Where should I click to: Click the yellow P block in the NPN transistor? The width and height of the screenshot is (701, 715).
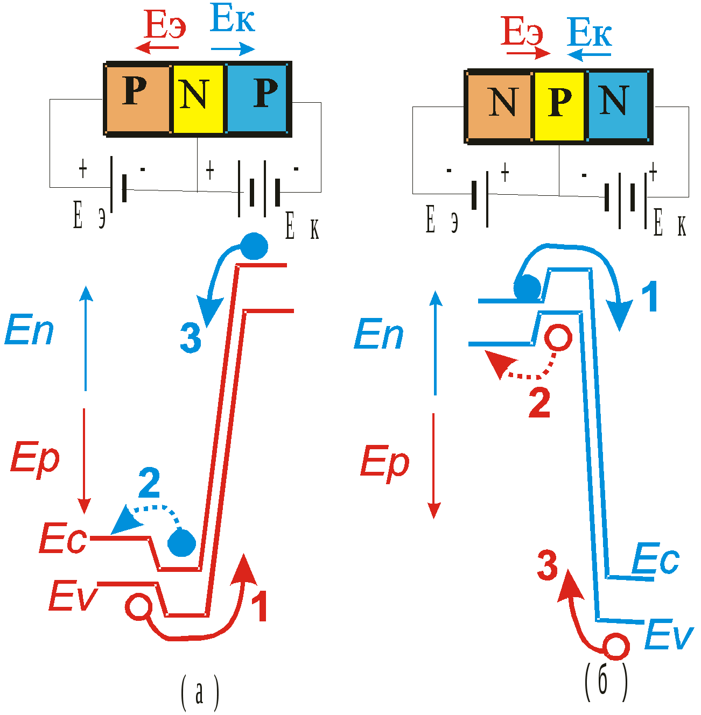559,105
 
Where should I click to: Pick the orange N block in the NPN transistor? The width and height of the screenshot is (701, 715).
500,105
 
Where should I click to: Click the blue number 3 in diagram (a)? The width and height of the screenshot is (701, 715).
191,338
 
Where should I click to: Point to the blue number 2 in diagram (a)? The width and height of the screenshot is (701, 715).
149,483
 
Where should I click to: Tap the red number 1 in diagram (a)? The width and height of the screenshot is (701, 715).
261,606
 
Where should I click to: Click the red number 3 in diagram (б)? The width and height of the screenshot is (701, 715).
548,567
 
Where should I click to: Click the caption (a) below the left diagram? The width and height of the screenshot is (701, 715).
200,693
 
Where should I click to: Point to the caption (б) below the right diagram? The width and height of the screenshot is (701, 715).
606,682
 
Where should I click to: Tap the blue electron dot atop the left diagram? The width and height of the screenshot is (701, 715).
254,246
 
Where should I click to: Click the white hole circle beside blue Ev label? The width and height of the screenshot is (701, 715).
615,646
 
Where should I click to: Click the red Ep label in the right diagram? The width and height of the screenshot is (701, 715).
384,462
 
